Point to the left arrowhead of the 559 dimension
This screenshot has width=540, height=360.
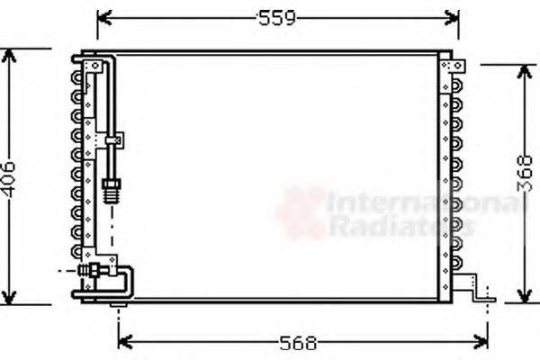tap(102, 18)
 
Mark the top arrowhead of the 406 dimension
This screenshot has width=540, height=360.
tap(10, 54)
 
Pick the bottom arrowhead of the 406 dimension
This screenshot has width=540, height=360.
tap(10, 299)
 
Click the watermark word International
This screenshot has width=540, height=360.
tap(423, 205)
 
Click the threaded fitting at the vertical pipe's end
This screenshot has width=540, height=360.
tap(112, 190)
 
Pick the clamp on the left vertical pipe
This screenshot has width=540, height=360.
tap(114, 140)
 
